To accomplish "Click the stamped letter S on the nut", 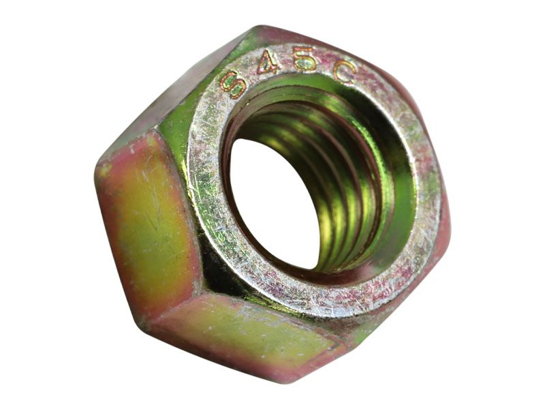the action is (x=232, y=84).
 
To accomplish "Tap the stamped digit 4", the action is (x=268, y=63).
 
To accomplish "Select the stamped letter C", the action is (x=344, y=72).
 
